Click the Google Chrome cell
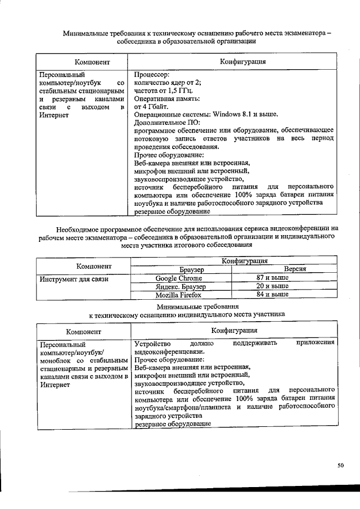tap(182, 278)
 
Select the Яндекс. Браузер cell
tap(182, 286)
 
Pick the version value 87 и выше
tap(272, 278)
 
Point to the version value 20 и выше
tap(272, 286)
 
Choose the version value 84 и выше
tap(272, 294)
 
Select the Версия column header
tap(294, 269)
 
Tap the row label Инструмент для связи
tap(73, 278)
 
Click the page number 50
tap(340, 465)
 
